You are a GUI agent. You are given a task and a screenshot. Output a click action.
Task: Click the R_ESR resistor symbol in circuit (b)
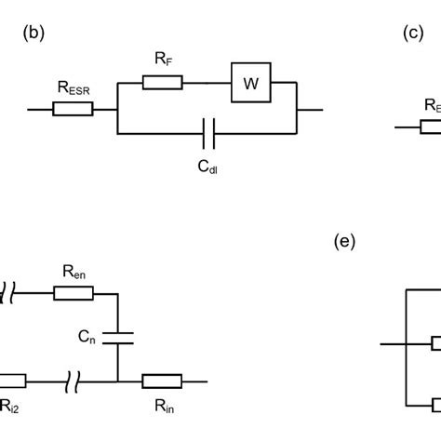[73, 110]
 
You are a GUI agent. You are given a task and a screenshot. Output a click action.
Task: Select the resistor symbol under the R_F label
[162, 84]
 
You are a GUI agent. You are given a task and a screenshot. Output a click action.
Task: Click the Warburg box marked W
[250, 84]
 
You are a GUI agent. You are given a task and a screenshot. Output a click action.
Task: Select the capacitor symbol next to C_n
[117, 335]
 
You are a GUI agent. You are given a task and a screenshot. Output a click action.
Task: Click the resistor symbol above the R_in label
[162, 380]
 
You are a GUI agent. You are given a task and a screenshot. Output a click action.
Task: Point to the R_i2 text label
[8, 405]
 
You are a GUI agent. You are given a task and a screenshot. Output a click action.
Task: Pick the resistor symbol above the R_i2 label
[10, 380]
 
